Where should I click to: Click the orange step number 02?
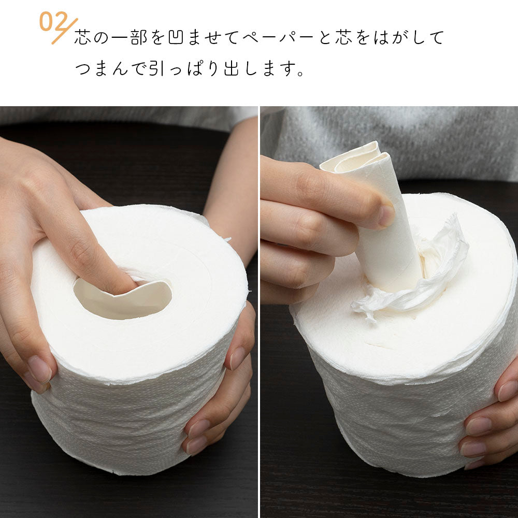[x=53, y=21]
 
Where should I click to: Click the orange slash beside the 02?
[x=65, y=31]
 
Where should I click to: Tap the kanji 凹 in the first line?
[x=176, y=37]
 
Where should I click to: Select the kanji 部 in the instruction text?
[x=138, y=37]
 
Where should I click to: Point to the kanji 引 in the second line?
[x=156, y=68]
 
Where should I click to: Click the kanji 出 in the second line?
[x=231, y=68]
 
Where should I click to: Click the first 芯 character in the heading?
[x=82, y=37]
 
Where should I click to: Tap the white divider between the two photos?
[x=259, y=312]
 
